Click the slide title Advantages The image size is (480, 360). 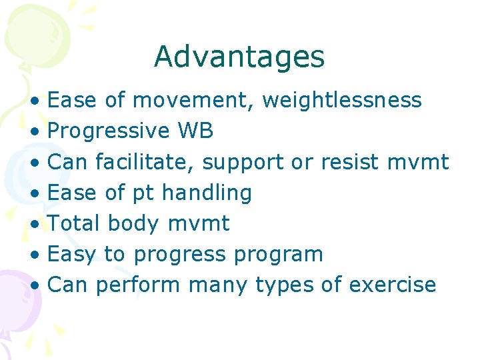point(239,57)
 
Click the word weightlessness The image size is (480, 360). point(342,101)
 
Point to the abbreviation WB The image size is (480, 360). point(195,131)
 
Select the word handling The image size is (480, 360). point(207,193)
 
